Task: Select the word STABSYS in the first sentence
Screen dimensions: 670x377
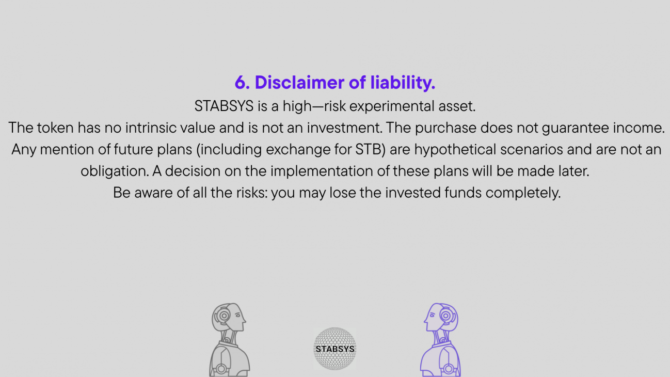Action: point(224,106)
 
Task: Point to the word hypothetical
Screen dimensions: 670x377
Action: point(455,150)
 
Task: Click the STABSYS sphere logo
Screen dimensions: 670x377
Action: point(334,349)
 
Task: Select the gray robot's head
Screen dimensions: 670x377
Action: point(229,317)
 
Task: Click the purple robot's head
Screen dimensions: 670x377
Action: point(441,317)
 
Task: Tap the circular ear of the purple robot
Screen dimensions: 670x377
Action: point(446,316)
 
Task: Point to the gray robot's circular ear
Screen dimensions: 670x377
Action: point(224,316)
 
